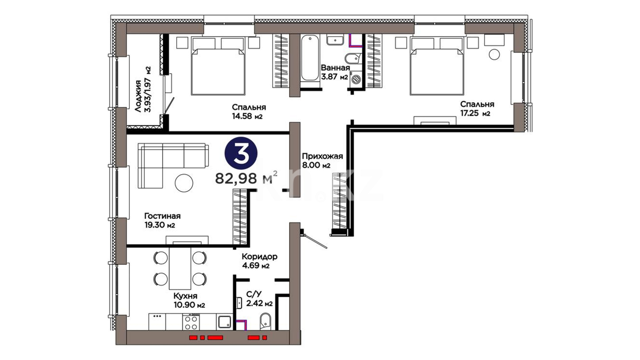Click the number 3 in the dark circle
pos(241,153)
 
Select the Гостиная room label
pos(162,216)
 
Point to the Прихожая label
pos(322,156)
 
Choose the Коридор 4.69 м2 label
pos(259,261)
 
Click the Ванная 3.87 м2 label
pos(335,72)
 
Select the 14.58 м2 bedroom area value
pos(247,116)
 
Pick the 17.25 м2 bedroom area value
pos(475,113)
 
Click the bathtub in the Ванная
pos(310,59)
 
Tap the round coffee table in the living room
pos(184,183)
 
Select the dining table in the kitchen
pos(180,268)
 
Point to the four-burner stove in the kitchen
pos(191,322)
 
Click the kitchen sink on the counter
pos(225,322)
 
